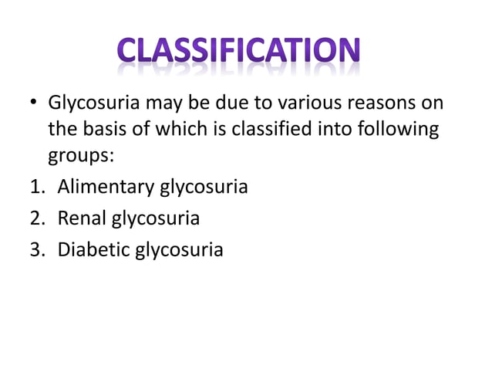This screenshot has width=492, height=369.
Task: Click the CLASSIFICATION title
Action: tap(240, 52)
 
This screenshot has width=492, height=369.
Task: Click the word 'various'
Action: tap(291, 103)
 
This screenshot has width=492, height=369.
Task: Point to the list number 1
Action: tap(35, 186)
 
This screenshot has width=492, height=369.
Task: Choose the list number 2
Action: tap(35, 218)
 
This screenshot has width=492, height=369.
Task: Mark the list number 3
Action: tap(35, 250)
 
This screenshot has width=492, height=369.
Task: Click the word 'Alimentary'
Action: tap(106, 187)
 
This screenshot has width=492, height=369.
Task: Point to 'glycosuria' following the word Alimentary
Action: tap(204, 188)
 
